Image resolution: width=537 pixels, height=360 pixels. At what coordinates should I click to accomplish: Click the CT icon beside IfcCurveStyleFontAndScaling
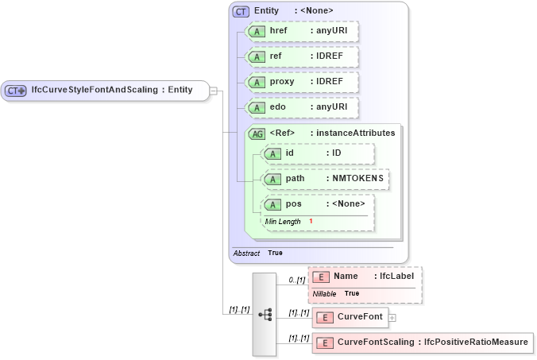click(x=16, y=90)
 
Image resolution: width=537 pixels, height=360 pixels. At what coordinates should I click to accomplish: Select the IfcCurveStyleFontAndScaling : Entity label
click(x=111, y=90)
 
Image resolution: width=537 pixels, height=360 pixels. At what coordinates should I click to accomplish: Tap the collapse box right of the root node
click(x=214, y=90)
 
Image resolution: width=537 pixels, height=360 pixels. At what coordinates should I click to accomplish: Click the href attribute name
click(x=278, y=31)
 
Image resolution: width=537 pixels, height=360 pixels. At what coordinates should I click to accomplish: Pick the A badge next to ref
click(x=257, y=57)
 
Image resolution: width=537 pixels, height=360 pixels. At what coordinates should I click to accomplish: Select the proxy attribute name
click(x=282, y=82)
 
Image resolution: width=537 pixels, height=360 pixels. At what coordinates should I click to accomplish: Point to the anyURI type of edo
click(x=329, y=107)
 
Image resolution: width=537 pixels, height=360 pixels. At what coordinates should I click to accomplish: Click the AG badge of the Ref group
click(x=257, y=134)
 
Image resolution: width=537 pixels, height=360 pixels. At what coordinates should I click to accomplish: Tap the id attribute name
click(x=290, y=153)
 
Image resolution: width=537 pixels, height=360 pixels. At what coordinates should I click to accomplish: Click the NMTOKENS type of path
click(x=357, y=179)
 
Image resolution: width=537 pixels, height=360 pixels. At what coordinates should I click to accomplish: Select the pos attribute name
click(x=293, y=204)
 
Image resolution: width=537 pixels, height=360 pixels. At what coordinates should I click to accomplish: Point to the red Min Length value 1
click(x=311, y=220)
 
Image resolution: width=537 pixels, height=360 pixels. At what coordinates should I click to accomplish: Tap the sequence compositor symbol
click(x=265, y=315)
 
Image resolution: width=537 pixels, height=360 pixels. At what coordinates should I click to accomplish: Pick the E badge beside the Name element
click(x=321, y=277)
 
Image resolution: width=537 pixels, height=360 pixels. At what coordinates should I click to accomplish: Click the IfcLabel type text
click(x=396, y=276)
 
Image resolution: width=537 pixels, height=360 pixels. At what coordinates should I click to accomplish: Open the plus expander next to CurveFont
click(x=392, y=318)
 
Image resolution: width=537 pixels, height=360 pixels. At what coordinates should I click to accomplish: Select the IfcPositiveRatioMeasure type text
click(x=476, y=343)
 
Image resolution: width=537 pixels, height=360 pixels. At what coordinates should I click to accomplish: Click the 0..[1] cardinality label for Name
click(x=296, y=280)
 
